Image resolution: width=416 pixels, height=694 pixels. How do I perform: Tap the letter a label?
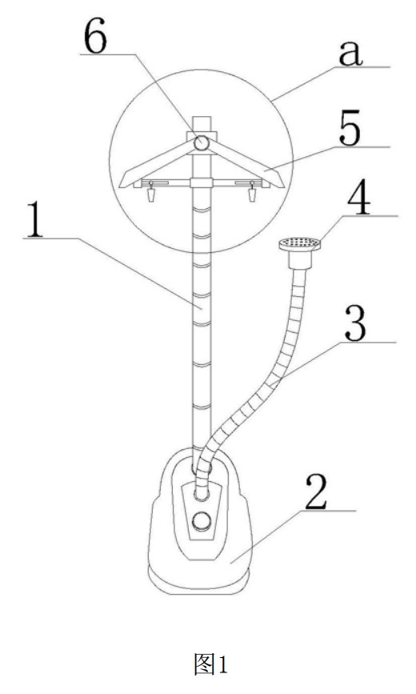[x=350, y=54]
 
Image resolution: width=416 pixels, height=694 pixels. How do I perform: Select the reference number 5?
[x=350, y=131]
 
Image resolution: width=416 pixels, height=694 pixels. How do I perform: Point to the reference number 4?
[x=358, y=200]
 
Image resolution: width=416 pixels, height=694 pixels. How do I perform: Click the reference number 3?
[x=355, y=325]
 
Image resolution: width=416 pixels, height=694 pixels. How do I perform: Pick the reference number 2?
[x=316, y=493]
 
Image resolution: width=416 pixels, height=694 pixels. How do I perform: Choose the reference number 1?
[x=34, y=220]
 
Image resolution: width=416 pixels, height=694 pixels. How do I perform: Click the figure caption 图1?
[x=210, y=664]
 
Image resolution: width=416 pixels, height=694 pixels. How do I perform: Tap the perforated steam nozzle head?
[x=299, y=243]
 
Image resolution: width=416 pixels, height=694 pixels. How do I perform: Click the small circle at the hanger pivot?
[x=202, y=143]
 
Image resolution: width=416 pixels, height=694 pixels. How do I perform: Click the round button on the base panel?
[x=202, y=521]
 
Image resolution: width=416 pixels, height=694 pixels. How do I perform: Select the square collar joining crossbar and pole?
[x=202, y=183]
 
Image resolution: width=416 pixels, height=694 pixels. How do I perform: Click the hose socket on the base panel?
[x=202, y=494]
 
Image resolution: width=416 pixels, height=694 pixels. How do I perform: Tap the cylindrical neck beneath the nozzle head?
[x=299, y=259]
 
